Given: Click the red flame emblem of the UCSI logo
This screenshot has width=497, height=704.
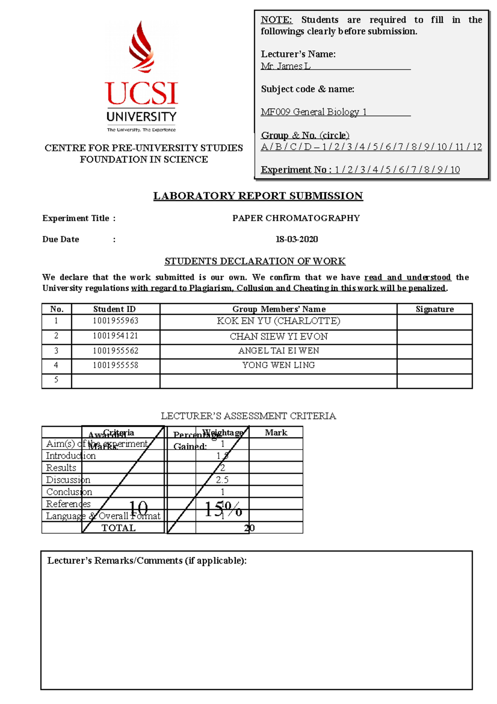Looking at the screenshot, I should pos(142,47).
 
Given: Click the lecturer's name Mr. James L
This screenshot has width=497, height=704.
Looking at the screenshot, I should pos(285,66).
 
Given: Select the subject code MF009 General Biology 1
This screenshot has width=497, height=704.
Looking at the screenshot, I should pos(314,112).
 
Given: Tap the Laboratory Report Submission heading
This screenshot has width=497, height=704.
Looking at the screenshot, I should pos(258,196).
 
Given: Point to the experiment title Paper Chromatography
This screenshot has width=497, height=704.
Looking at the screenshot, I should pos(296,218).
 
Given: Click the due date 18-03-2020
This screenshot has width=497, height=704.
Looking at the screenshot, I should pos(297,239).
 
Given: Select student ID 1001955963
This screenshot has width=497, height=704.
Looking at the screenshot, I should pos(116,321).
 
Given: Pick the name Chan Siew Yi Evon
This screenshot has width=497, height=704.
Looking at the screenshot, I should pos(278,336).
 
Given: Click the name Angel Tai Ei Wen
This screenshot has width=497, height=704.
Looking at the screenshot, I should pos(278,351).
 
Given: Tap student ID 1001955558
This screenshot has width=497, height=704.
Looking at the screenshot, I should pos(116,365).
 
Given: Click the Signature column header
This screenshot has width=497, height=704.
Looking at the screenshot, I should pos(434,309).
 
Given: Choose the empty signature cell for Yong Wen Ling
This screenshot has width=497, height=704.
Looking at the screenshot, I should pos(434,366).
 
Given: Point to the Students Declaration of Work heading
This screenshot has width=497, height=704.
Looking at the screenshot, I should pos(255,261).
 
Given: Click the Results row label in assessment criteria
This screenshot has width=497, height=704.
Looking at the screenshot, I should pos(61,468).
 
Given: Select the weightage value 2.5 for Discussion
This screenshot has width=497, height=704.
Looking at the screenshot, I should pos(222,480).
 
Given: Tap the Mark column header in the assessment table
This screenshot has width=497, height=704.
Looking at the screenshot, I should pos(276,432).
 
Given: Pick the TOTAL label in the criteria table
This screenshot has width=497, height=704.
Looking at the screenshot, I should pos(118,528).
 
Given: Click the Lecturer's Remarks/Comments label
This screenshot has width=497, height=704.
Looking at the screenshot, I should pos(147,561).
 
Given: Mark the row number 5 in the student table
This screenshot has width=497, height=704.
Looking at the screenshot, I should pos(56,380).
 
